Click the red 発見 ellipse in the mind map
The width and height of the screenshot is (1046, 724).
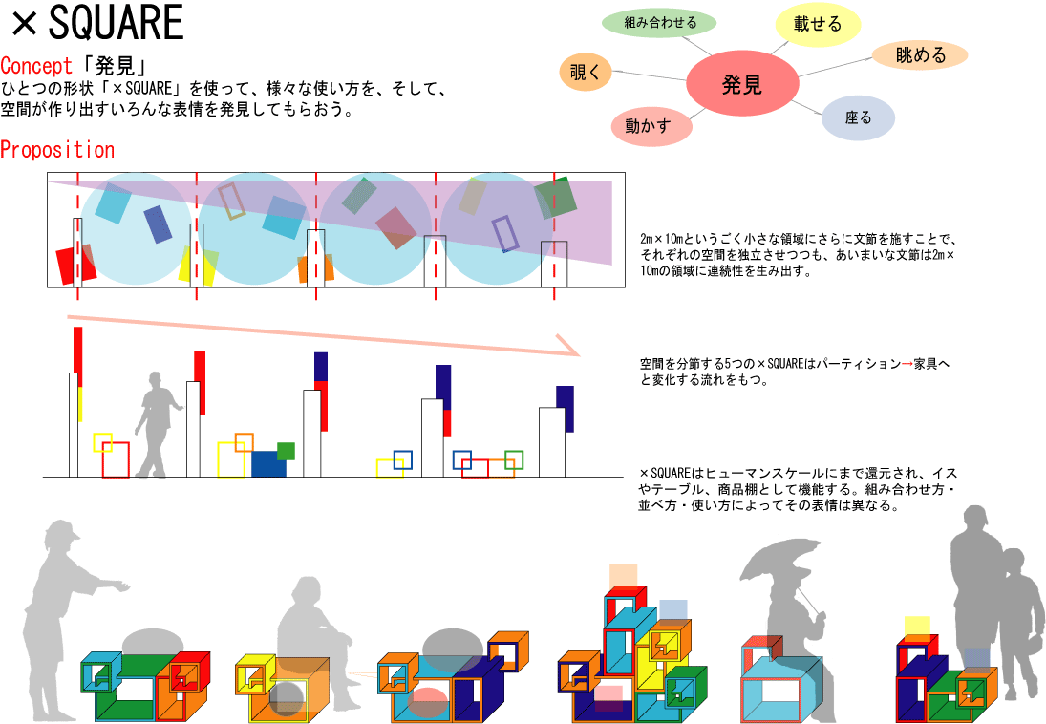[x=741, y=84]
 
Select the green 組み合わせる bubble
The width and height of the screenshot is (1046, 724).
[x=658, y=22]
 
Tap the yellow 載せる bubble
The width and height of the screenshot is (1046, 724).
[x=818, y=25]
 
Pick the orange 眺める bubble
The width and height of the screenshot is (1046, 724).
[x=920, y=55]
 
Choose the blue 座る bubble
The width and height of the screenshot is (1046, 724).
[x=858, y=118]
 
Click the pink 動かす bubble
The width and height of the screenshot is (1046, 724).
[x=650, y=126]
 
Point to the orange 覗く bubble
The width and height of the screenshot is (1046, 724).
[x=584, y=72]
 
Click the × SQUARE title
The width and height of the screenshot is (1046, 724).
[x=96, y=25]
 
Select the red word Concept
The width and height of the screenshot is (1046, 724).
[x=36, y=66]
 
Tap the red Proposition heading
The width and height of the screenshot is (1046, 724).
[x=57, y=150]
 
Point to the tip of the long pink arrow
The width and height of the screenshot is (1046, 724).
[x=579, y=352]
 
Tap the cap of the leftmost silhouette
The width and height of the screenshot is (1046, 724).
[x=58, y=531]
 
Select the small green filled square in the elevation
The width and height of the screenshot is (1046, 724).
[x=286, y=451]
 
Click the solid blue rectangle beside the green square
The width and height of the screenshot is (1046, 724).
[x=268, y=464]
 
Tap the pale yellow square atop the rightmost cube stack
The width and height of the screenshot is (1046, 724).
[x=917, y=628]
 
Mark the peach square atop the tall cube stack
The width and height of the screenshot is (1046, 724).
[x=623, y=576]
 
